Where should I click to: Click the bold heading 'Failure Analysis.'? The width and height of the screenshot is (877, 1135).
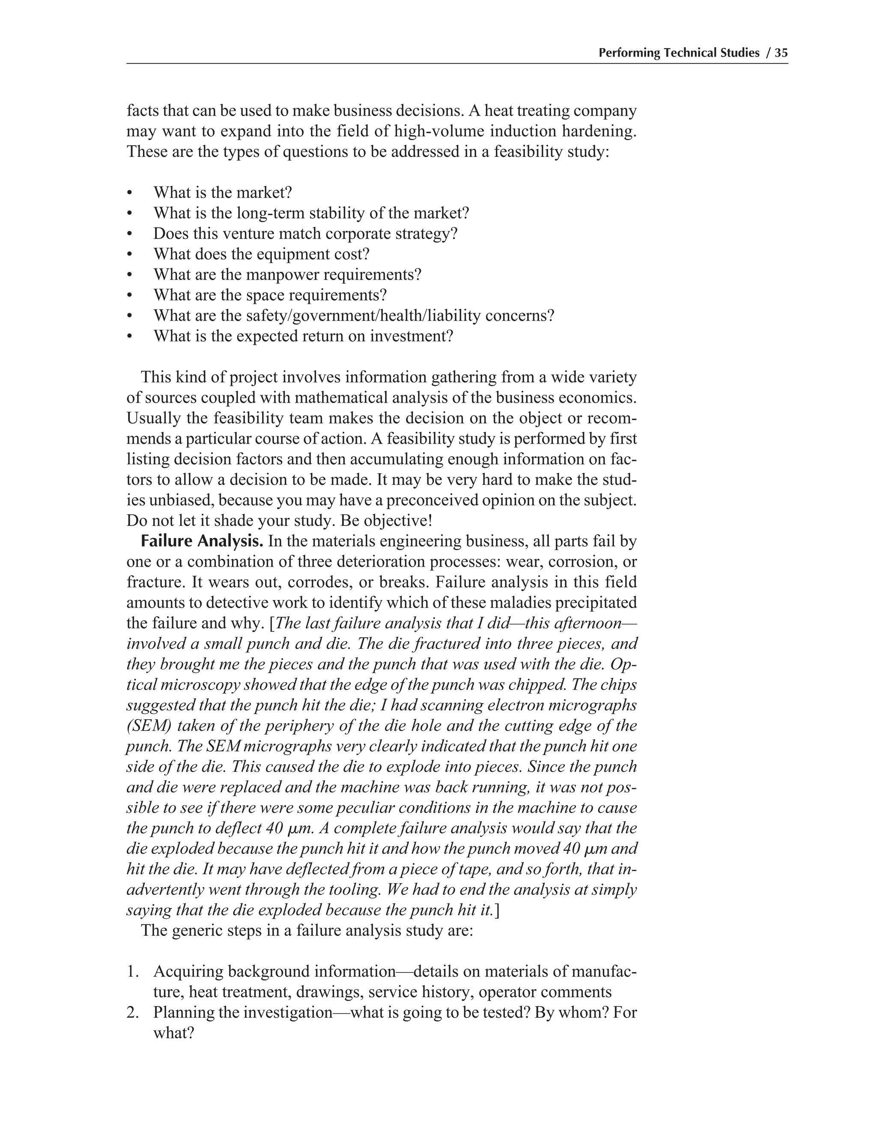[x=202, y=541]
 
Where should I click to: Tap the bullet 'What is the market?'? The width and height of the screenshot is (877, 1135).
[x=222, y=193]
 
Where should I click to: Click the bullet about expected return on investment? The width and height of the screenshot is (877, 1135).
[x=303, y=336]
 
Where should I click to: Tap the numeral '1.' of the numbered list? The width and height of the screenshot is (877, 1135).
[x=134, y=971]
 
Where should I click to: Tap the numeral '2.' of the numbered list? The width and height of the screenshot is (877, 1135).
[x=134, y=1013]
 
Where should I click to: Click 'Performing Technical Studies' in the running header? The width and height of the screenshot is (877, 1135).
[x=679, y=53]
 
